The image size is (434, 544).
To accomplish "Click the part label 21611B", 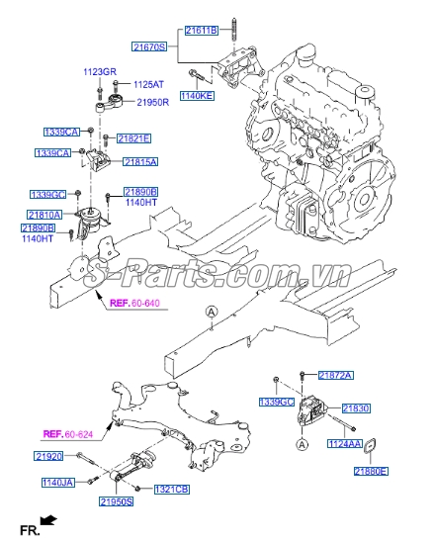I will (x=201, y=32).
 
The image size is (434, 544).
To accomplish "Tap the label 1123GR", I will (x=100, y=71).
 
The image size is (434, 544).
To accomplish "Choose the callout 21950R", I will (x=154, y=102).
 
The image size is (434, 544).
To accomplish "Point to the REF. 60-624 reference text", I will (x=68, y=433).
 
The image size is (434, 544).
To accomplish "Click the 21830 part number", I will (x=356, y=408).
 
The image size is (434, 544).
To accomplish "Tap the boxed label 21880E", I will (x=372, y=472).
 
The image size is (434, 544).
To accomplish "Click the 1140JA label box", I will (x=57, y=482).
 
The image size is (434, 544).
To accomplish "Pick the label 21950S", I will (x=116, y=502).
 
